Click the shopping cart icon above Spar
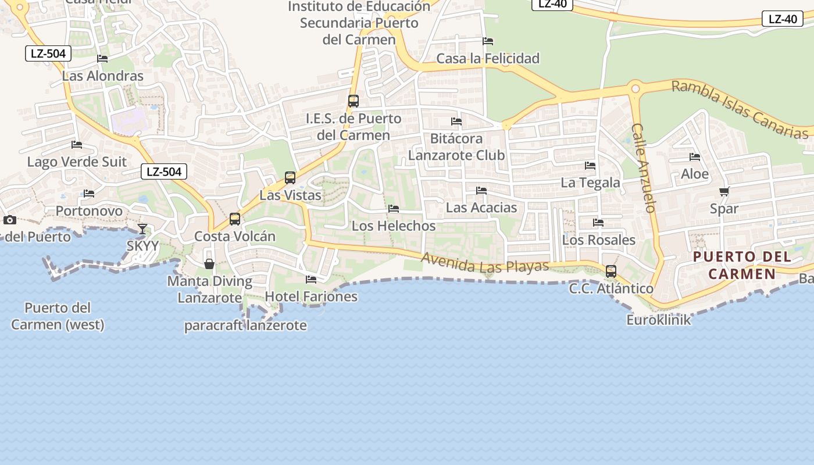point(724,191)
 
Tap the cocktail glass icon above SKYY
point(142,228)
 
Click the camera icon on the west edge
point(9,220)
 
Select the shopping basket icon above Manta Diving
point(209,264)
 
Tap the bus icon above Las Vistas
point(290,178)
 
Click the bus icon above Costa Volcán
point(235,219)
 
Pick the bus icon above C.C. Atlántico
point(611,271)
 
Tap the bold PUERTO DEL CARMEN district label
point(742,265)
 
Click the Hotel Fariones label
point(311,296)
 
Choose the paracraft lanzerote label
point(245,325)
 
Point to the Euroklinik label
point(659,320)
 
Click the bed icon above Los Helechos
point(394,209)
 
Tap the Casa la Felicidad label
point(488,58)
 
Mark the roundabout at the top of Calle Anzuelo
point(635,89)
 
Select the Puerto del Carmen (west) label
point(58,316)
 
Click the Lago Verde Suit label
point(77,162)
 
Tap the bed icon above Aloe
point(695,157)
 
